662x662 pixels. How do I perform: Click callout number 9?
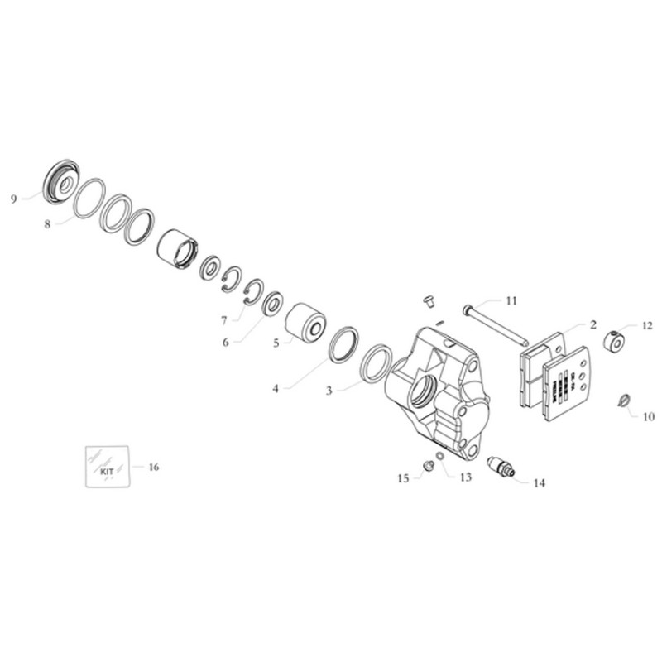tap(13, 199)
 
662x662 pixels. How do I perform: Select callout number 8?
tap(48, 223)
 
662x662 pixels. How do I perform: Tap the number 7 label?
tap(223, 319)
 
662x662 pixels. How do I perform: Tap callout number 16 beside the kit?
tap(153, 468)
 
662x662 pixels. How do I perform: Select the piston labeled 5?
tap(305, 323)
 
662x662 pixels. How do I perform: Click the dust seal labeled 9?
tap(60, 181)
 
